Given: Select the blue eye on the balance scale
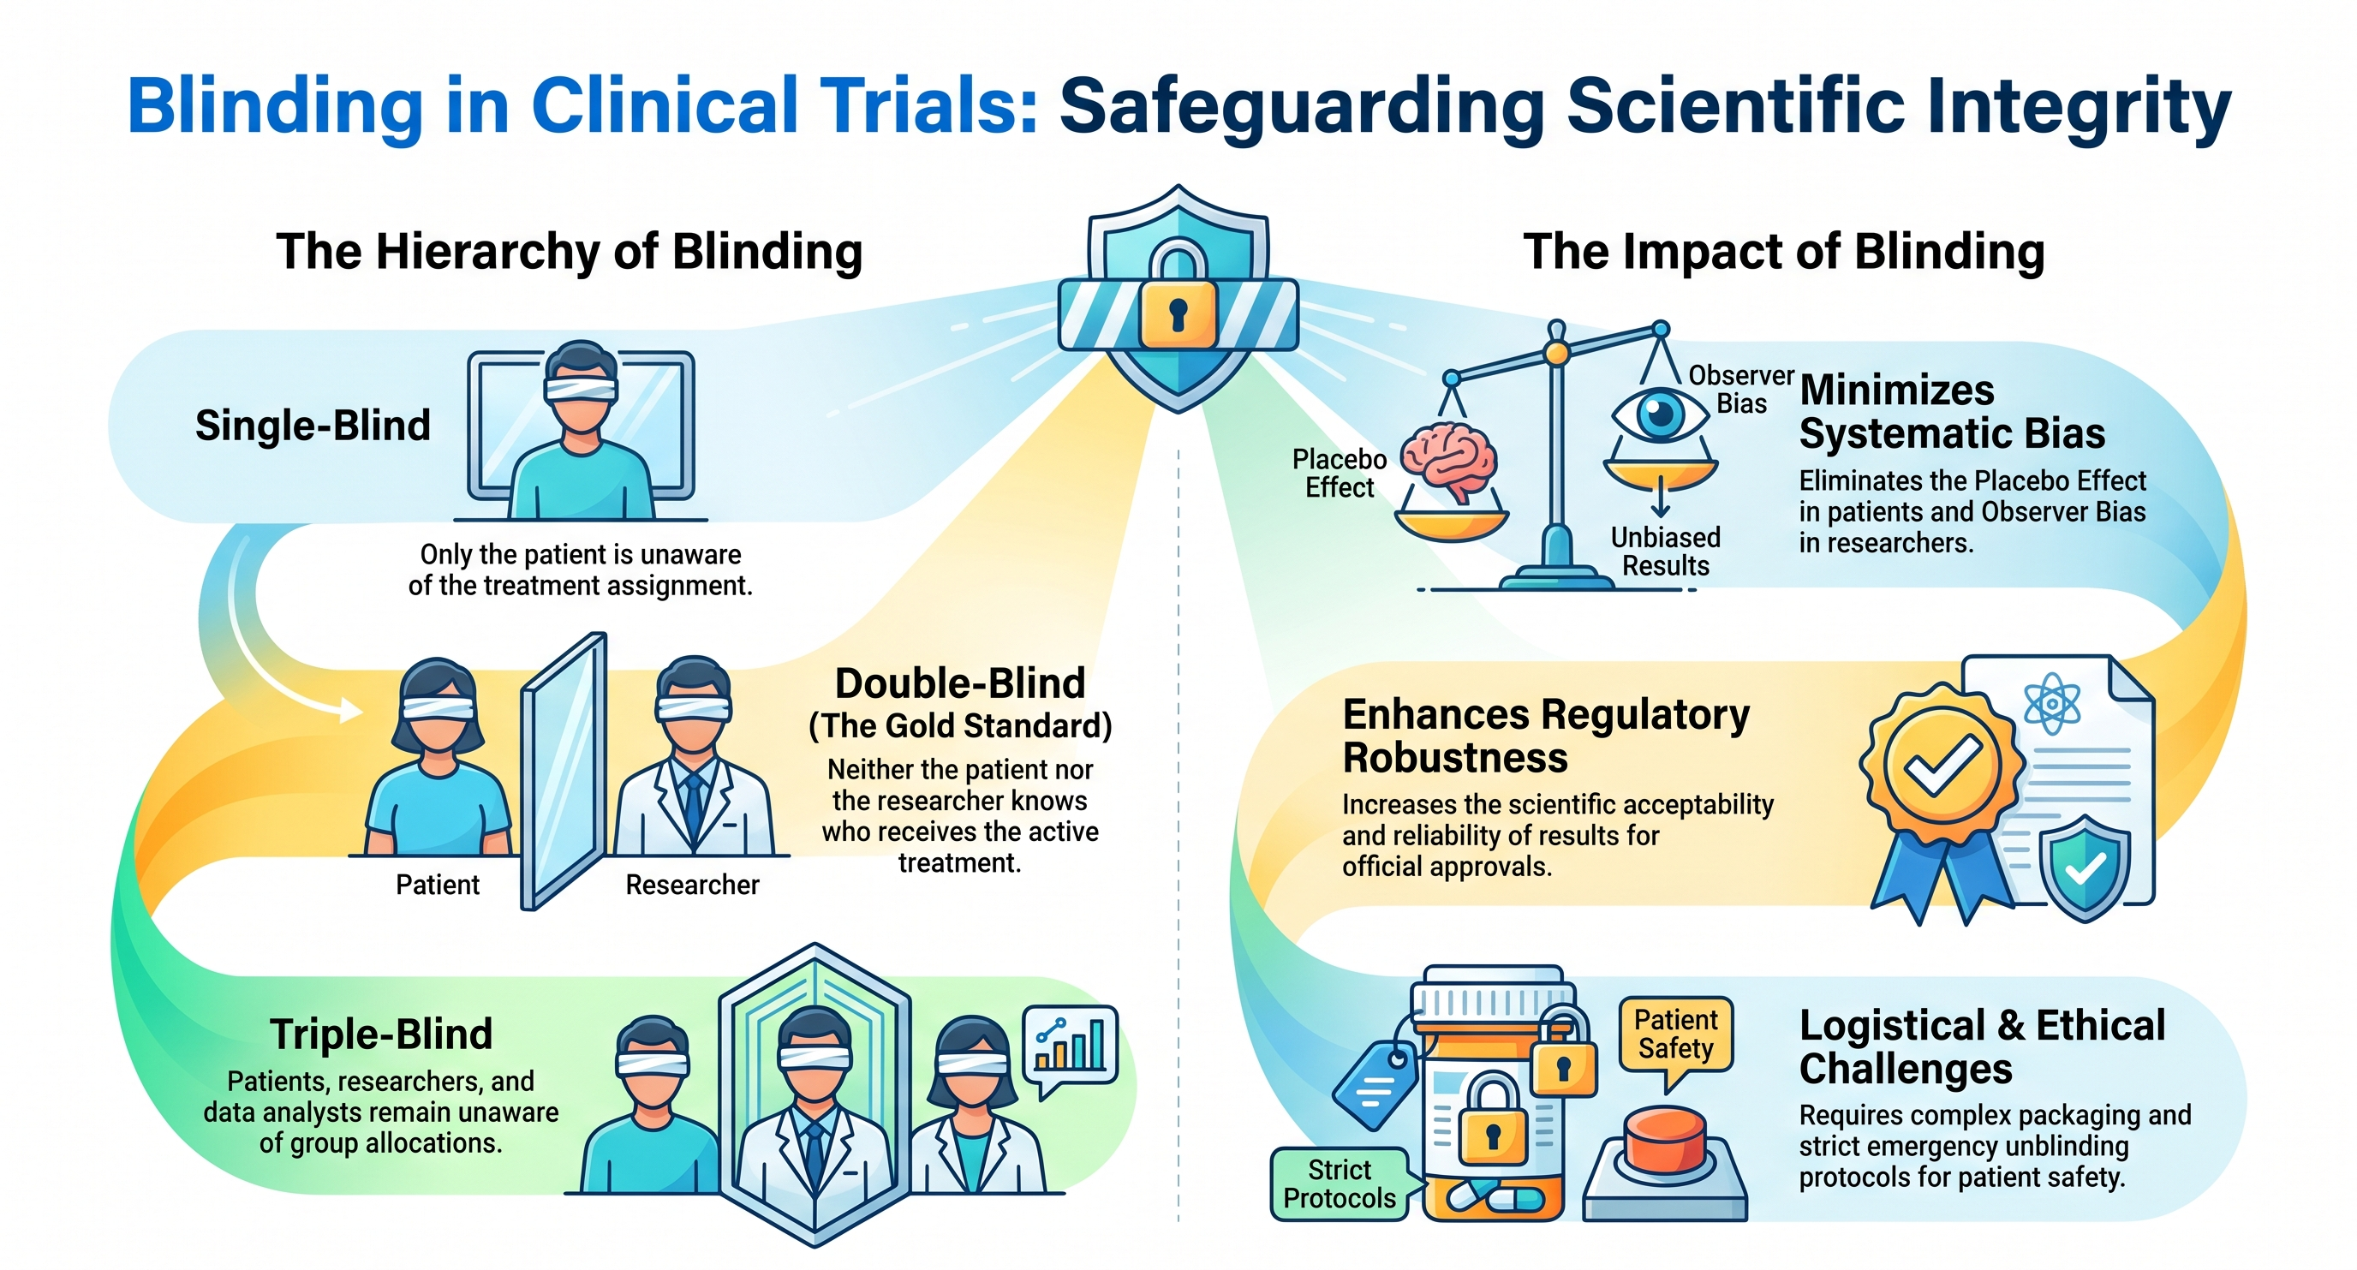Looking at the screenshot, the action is pos(1660,414).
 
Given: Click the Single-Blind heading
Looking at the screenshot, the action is pos(313,426).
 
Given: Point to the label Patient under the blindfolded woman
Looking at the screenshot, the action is pos(438,885).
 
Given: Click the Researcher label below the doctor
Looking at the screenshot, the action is pos(693,885).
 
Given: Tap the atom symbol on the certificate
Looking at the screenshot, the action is pos(2052,705).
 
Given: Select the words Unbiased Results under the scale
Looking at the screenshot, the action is pos(1665,552).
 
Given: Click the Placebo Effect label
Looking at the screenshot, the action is pos(1340,473).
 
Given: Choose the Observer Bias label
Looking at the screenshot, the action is pos(1741,389).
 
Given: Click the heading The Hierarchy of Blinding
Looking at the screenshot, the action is pos(569,252).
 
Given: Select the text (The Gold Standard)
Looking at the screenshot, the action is pos(960,725).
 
